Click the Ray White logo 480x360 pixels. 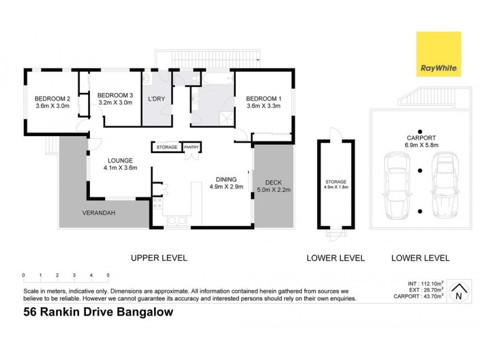click(x=439, y=55)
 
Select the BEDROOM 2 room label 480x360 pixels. click(x=52, y=98)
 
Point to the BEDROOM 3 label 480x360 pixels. click(x=115, y=95)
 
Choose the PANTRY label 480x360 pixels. click(x=191, y=147)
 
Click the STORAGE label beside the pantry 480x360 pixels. click(x=167, y=147)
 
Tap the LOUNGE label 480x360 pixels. click(x=119, y=160)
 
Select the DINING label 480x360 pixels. click(x=223, y=179)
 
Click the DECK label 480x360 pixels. click(x=273, y=182)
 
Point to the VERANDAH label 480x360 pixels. click(x=98, y=213)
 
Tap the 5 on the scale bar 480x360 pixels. click(x=108, y=276)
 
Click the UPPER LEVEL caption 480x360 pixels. click(x=159, y=258)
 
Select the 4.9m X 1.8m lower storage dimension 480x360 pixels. click(x=336, y=187)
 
